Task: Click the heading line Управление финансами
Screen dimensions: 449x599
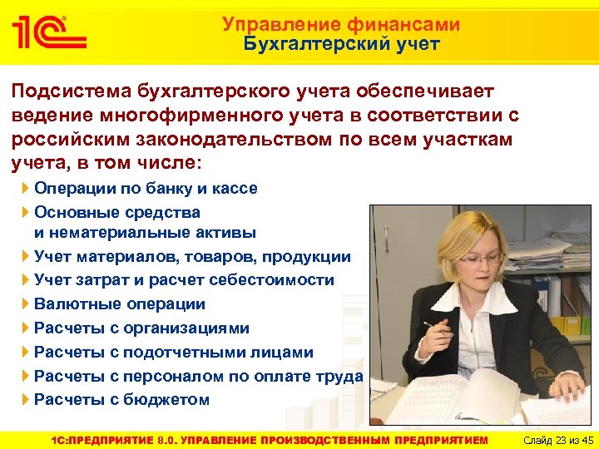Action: pos(341,25)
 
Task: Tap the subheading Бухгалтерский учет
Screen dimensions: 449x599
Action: pos(341,44)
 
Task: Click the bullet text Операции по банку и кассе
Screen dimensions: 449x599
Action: pos(146,188)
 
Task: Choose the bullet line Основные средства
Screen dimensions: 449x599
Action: pos(117,212)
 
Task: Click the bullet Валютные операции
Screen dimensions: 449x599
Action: pos(120,304)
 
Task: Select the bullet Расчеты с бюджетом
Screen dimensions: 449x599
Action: pos(121,399)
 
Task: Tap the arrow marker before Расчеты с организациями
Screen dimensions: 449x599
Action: pos(25,328)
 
